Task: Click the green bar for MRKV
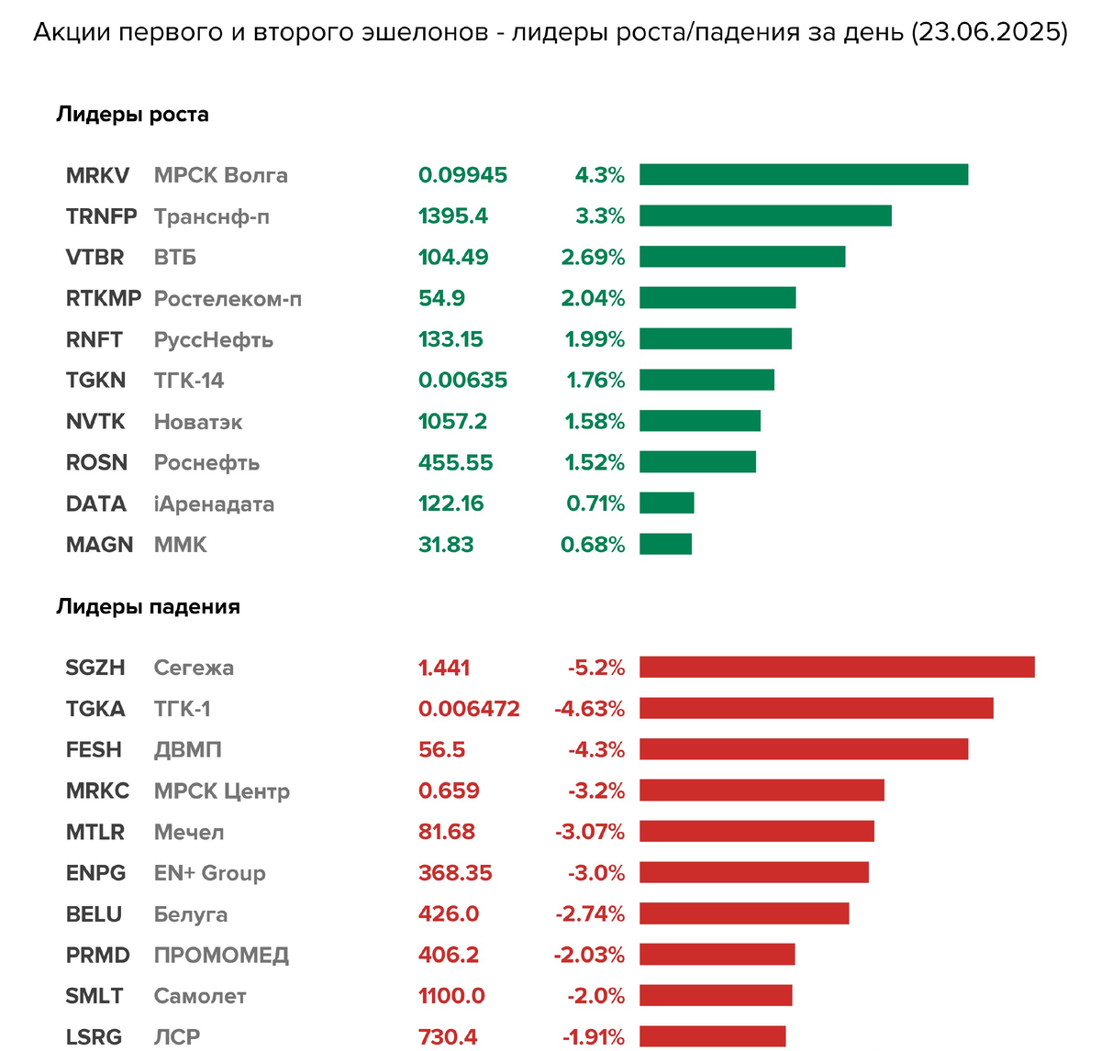pyautogui.click(x=804, y=174)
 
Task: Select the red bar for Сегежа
pyautogui.click(x=837, y=667)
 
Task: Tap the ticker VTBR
pyautogui.click(x=95, y=258)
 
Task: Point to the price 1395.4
pyautogui.click(x=453, y=216)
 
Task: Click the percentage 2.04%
pyautogui.click(x=593, y=299)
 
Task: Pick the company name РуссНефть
pyautogui.click(x=214, y=340)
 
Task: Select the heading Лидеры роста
pyautogui.click(x=132, y=115)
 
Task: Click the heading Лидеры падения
pyautogui.click(x=148, y=607)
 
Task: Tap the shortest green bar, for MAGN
pyautogui.click(x=665, y=544)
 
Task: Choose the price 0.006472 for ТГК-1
pyautogui.click(x=469, y=709)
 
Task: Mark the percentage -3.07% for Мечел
pyautogui.click(x=589, y=832)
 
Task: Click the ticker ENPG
pyautogui.click(x=95, y=873)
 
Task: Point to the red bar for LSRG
pyautogui.click(x=712, y=1036)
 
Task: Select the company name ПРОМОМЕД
pyautogui.click(x=221, y=956)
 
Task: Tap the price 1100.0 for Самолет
pyautogui.click(x=451, y=996)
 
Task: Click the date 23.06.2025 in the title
pyautogui.click(x=989, y=33)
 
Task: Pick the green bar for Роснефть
pyautogui.click(x=697, y=462)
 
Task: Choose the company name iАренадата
pyautogui.click(x=214, y=504)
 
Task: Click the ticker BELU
pyautogui.click(x=94, y=914)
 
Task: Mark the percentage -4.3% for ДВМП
pyautogui.click(x=596, y=750)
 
